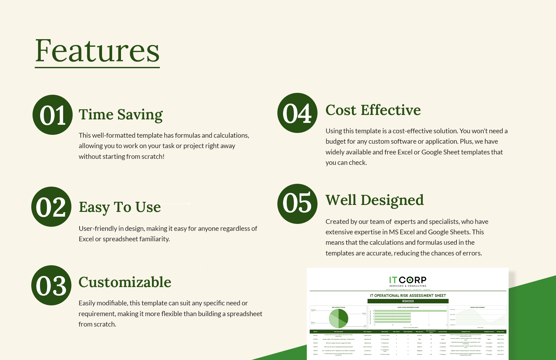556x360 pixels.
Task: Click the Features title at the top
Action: (x=97, y=51)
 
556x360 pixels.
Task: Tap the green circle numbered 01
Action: (x=52, y=115)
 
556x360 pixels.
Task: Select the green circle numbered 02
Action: (x=51, y=207)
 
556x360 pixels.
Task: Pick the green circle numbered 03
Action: (x=51, y=285)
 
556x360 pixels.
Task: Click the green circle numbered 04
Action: (x=297, y=113)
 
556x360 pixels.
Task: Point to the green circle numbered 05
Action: (x=297, y=204)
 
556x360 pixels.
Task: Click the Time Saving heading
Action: (x=121, y=114)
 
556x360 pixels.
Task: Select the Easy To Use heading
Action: (x=120, y=207)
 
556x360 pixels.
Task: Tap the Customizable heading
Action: (x=125, y=282)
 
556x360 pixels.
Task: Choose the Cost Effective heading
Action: (x=373, y=110)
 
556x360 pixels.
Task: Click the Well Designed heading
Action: (x=375, y=200)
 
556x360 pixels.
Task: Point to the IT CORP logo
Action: (x=408, y=281)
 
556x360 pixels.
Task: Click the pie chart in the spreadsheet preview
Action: (x=338, y=318)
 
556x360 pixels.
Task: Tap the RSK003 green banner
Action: (x=408, y=301)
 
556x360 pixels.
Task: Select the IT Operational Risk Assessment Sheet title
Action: (x=408, y=296)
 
